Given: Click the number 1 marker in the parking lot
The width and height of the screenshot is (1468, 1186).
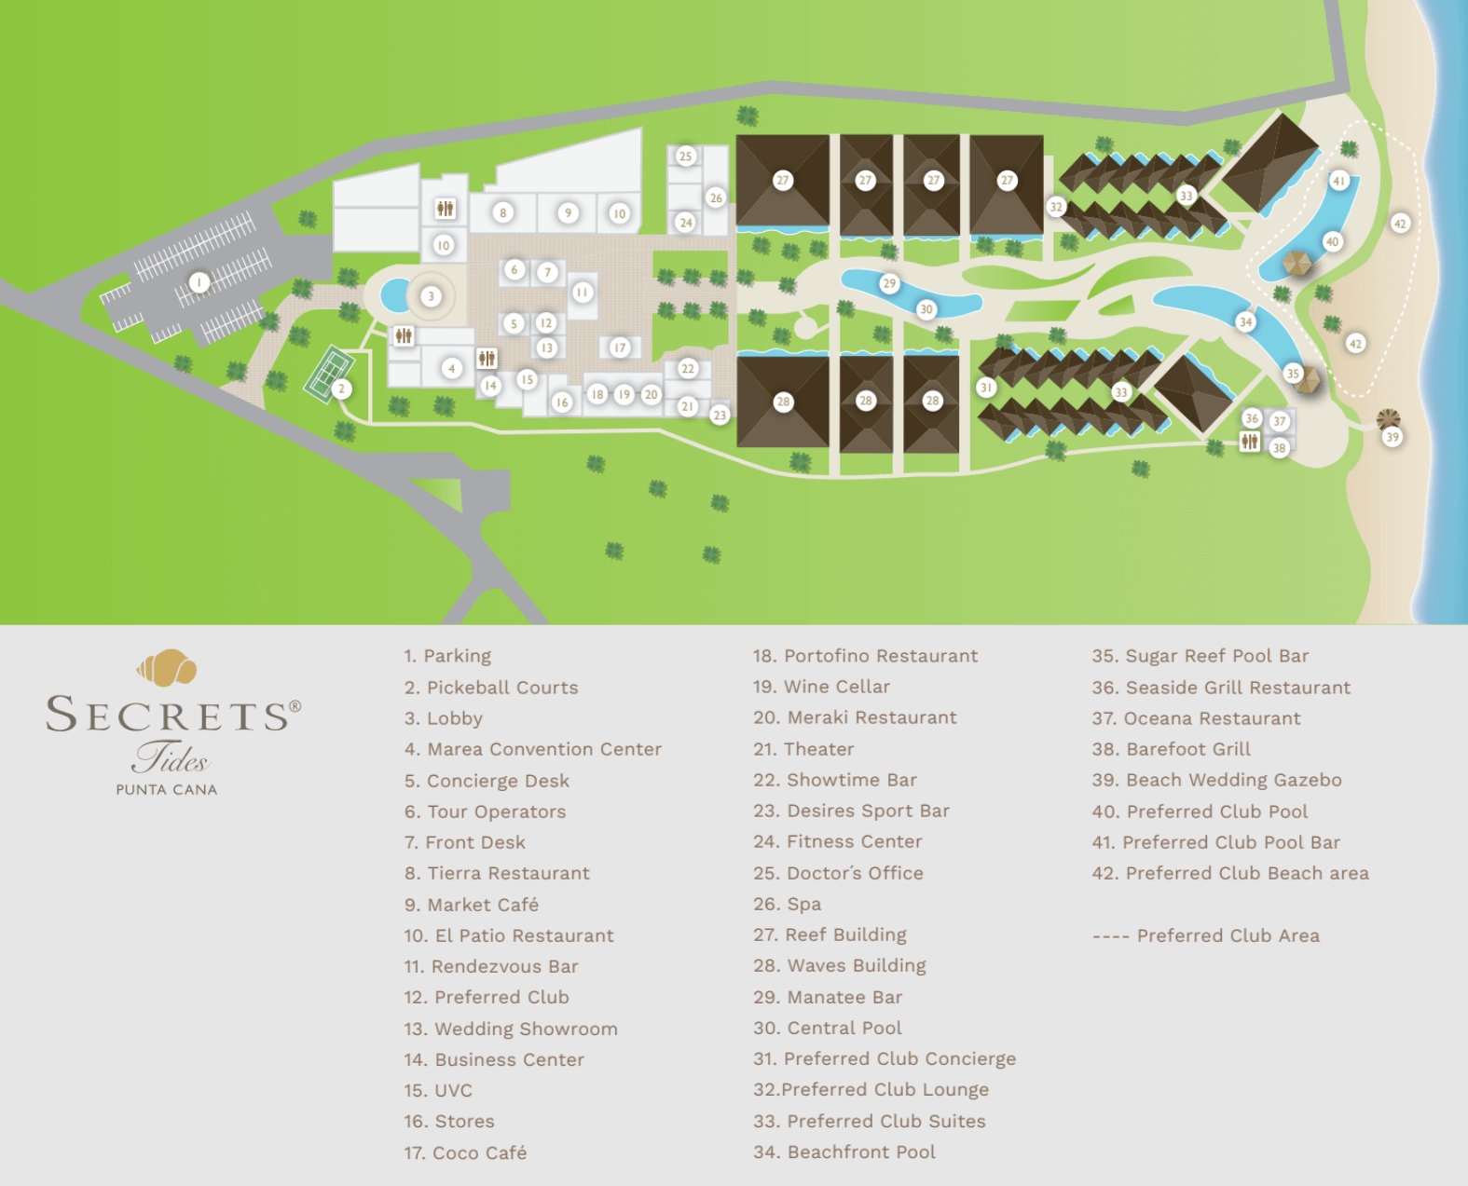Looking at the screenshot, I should coord(198,281).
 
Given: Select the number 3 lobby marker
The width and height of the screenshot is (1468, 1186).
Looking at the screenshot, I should coord(431,297).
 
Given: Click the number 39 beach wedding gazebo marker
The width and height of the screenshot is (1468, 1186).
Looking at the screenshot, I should coord(1393,436).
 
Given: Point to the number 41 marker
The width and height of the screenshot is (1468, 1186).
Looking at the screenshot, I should coord(1339,181).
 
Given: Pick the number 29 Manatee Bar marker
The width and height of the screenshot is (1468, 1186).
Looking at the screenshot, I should coord(888,283).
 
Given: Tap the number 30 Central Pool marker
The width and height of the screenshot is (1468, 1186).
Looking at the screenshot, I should coord(926,309).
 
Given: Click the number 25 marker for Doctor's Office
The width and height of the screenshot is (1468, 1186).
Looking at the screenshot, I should coord(686,156).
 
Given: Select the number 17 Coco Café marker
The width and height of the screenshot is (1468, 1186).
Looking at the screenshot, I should coord(621,348).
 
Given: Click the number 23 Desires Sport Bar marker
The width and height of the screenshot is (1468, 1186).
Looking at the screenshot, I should coord(720,416).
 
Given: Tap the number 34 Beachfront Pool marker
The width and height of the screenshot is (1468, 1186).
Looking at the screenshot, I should coord(1246,322).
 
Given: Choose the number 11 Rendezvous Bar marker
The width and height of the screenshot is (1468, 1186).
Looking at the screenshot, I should coord(583,293).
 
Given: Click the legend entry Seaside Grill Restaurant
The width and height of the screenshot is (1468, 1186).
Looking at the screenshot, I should coord(1221,688).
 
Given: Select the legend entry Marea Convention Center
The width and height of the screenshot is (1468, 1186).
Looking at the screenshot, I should coord(533,749).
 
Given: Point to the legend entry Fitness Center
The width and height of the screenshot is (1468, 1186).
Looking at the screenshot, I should coord(838,841).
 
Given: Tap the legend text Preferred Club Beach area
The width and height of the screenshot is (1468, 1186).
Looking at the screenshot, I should coord(1230,873).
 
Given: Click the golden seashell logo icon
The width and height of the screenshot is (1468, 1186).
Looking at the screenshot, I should coord(168,666).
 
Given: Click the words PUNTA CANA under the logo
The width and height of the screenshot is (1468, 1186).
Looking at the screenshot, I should coord(167,789).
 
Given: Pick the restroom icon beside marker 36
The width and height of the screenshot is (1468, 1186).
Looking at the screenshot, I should coord(1250,443).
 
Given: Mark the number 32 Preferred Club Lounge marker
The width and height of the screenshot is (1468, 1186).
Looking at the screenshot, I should coord(1056,207).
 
